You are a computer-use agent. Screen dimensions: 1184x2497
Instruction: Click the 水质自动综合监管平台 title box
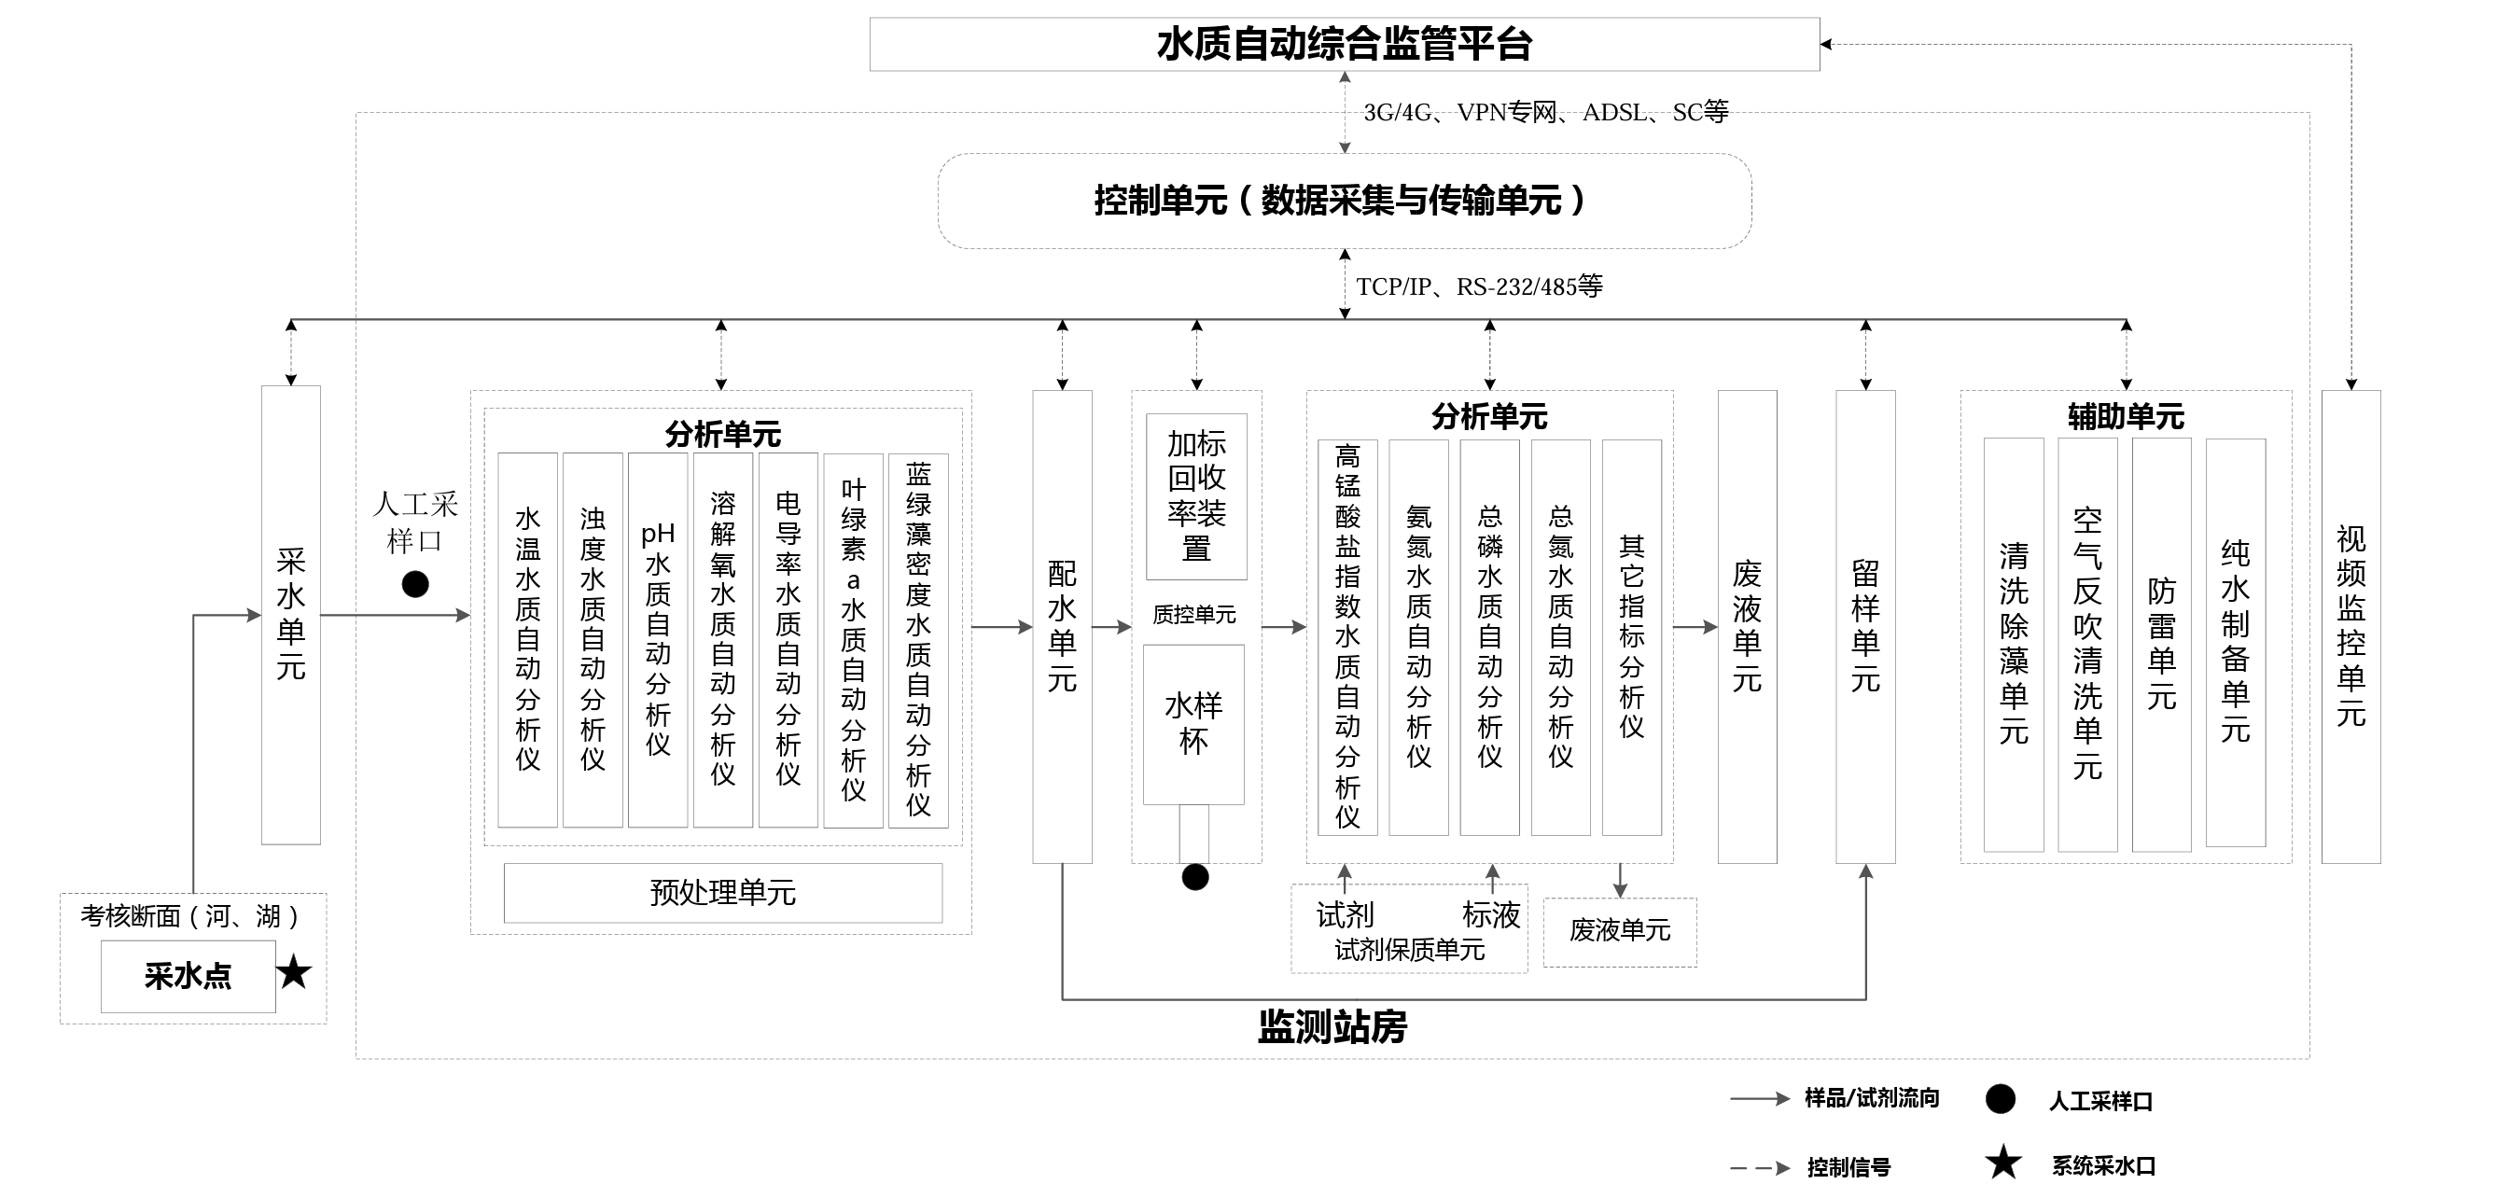pos(1344,45)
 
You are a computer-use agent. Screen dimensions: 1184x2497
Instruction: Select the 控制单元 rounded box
pos(1344,201)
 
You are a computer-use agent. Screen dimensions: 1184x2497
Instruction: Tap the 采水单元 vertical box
pos(291,614)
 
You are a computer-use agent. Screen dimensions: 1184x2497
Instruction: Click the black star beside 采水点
pos(294,972)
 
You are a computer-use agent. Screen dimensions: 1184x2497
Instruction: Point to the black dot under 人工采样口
pos(415,584)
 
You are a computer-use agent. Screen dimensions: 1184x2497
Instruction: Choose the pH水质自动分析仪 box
pos(657,639)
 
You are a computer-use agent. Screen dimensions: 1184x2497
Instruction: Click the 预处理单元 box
pos(722,892)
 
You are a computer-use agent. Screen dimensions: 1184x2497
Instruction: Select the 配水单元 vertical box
pos(1062,626)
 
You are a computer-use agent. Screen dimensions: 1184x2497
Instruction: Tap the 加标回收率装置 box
pos(1196,496)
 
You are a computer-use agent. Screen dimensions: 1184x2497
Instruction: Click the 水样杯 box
pos(1193,724)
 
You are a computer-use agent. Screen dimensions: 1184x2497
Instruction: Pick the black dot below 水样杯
pos(1195,877)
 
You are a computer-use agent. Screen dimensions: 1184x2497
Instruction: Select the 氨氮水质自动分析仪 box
pos(1418,636)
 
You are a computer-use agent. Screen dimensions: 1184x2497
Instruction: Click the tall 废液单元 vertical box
pos(1747,626)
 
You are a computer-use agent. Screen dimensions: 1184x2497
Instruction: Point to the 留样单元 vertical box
pos(1865,626)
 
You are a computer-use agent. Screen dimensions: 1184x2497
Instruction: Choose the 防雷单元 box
pos(2161,645)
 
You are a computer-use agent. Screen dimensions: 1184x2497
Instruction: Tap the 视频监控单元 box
pos(2351,626)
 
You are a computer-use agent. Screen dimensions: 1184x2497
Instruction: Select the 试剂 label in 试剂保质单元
pos(1345,913)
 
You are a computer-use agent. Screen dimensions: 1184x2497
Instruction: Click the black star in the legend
pos(2002,1163)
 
